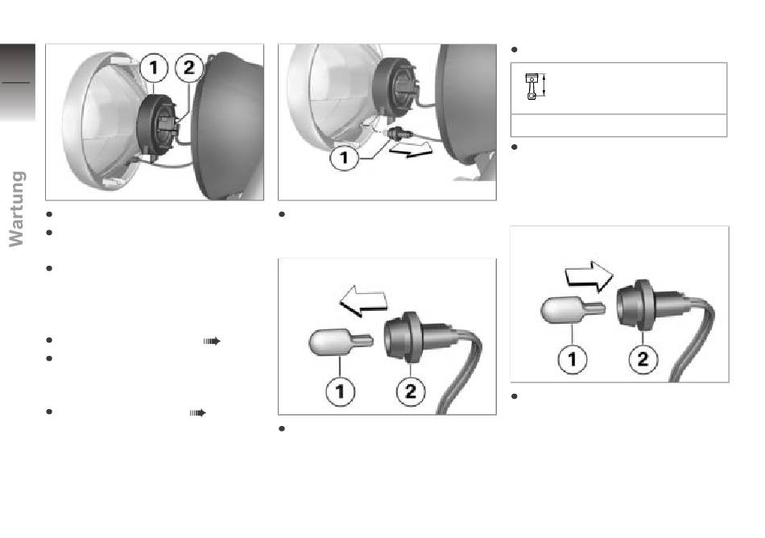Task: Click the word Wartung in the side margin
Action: point(17,209)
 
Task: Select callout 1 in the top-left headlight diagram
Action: point(154,68)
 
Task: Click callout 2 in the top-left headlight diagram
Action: point(189,68)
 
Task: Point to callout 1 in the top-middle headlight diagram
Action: point(345,158)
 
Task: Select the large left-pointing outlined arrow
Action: point(363,300)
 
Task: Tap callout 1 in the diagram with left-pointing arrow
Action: point(340,391)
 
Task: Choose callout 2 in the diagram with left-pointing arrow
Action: point(411,391)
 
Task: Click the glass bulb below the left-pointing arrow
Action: point(341,342)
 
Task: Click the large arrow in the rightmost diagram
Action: point(589,276)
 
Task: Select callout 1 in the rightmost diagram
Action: point(573,359)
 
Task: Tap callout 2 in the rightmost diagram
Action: point(643,359)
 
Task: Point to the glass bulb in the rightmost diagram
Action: point(573,310)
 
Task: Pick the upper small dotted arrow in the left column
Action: point(212,341)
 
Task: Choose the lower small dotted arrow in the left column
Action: point(197,412)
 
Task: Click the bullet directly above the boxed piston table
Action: point(514,50)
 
